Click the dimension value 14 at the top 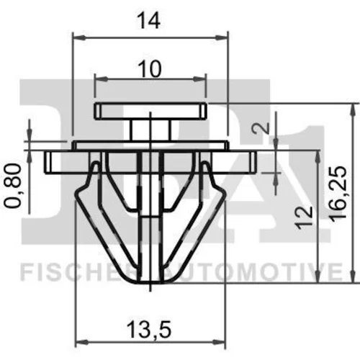pos(148,22)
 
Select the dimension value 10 pos(150,69)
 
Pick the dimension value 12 pos(304,217)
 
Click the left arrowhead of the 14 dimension pos(79,37)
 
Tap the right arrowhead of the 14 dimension pos(221,37)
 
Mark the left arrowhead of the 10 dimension pos(102,78)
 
